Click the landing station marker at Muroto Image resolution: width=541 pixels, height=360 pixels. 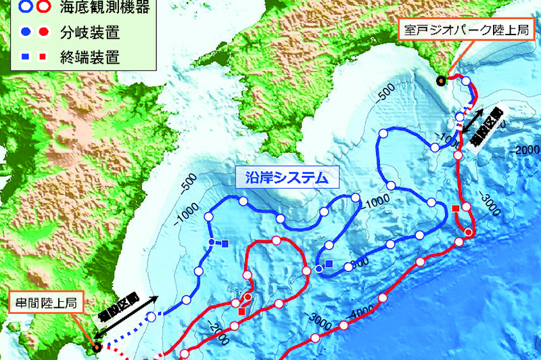pyautogui.click(x=441, y=81)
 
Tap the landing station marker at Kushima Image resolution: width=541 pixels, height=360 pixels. pyautogui.click(x=97, y=346)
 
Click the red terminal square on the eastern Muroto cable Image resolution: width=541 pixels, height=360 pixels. pyautogui.click(x=456, y=207)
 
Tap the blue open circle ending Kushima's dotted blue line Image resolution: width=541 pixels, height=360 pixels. pyautogui.click(x=151, y=316)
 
